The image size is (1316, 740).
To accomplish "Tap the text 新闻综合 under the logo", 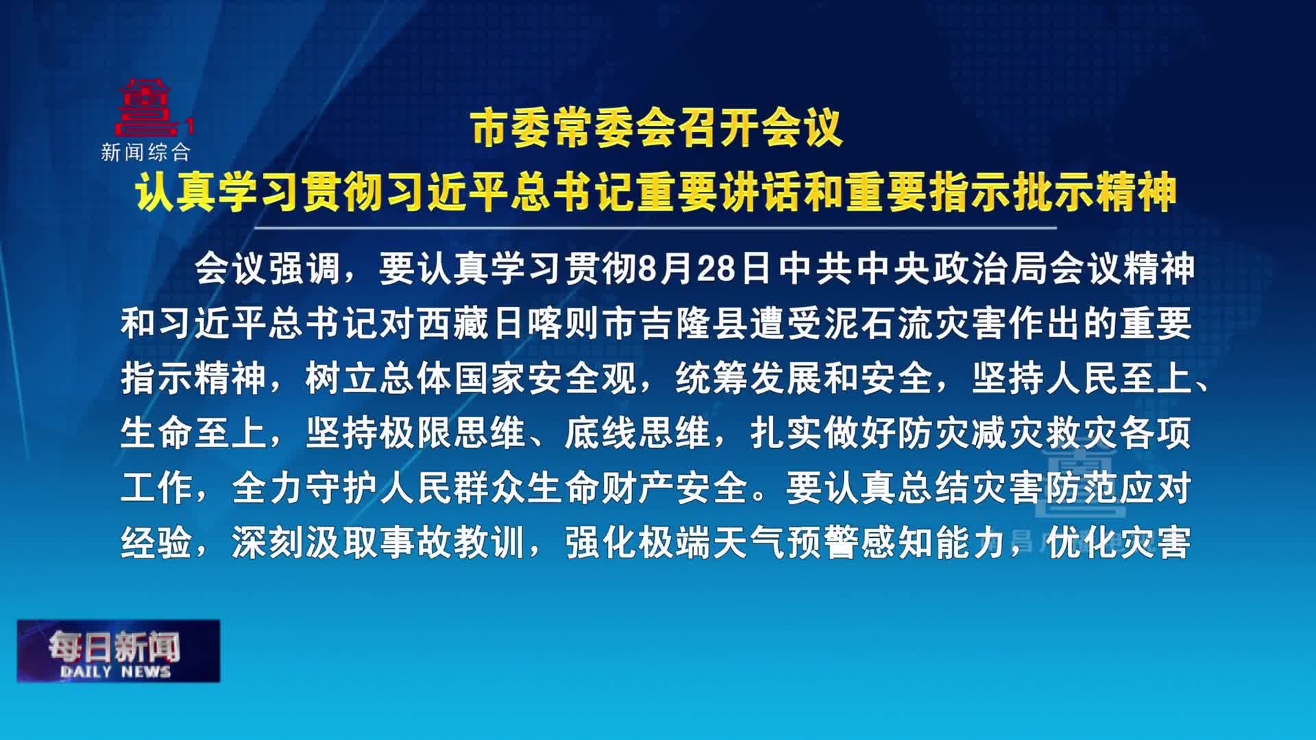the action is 145,152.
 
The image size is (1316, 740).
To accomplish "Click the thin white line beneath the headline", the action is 655,227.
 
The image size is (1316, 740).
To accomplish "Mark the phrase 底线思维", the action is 638,433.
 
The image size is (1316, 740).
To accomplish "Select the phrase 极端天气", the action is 713,543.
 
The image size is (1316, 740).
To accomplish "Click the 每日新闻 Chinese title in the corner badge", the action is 114,645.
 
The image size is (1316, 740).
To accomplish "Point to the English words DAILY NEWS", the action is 115,671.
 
